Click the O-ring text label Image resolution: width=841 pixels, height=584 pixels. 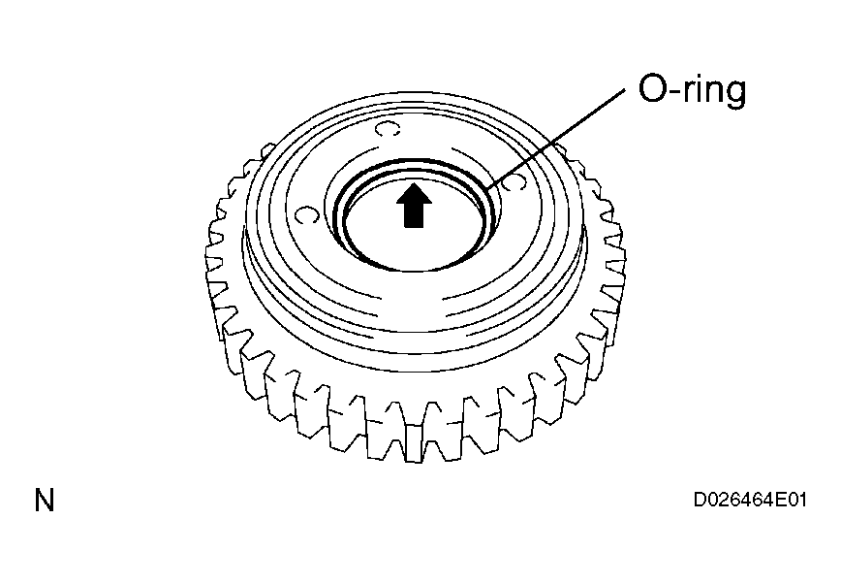[692, 90]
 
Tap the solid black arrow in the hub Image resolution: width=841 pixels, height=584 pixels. [414, 206]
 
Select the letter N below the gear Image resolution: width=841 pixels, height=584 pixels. [45, 501]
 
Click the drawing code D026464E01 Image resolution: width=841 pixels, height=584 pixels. [750, 501]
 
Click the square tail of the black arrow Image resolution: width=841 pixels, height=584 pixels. [414, 216]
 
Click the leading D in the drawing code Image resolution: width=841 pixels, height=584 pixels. [701, 501]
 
